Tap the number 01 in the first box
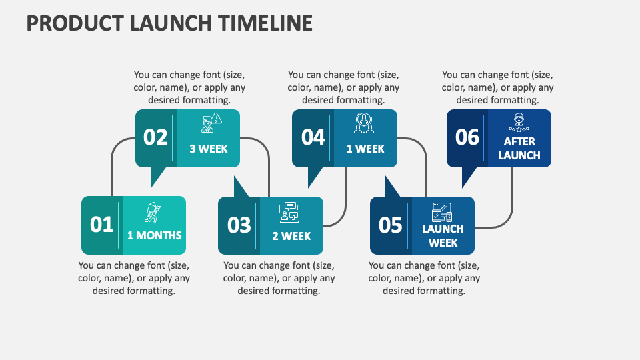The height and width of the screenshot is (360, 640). click(x=102, y=225)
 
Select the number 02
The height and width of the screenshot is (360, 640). click(x=156, y=137)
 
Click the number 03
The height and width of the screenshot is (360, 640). click(x=239, y=225)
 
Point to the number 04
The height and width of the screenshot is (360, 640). click(x=313, y=137)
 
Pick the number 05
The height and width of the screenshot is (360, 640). click(x=391, y=225)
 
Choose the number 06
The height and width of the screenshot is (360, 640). click(x=467, y=137)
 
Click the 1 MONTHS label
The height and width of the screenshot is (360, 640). click(x=155, y=235)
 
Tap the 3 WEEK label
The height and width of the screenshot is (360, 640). click(x=209, y=149)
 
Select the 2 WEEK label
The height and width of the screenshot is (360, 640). click(x=291, y=236)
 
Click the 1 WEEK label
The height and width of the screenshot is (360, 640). click(x=365, y=149)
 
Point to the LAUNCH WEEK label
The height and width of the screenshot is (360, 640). click(x=443, y=235)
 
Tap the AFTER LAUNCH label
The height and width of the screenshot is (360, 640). click(x=519, y=149)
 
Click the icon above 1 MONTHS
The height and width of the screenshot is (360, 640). click(x=153, y=213)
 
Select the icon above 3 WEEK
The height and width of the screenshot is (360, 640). click(x=211, y=124)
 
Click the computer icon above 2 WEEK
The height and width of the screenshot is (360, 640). click(x=289, y=212)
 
